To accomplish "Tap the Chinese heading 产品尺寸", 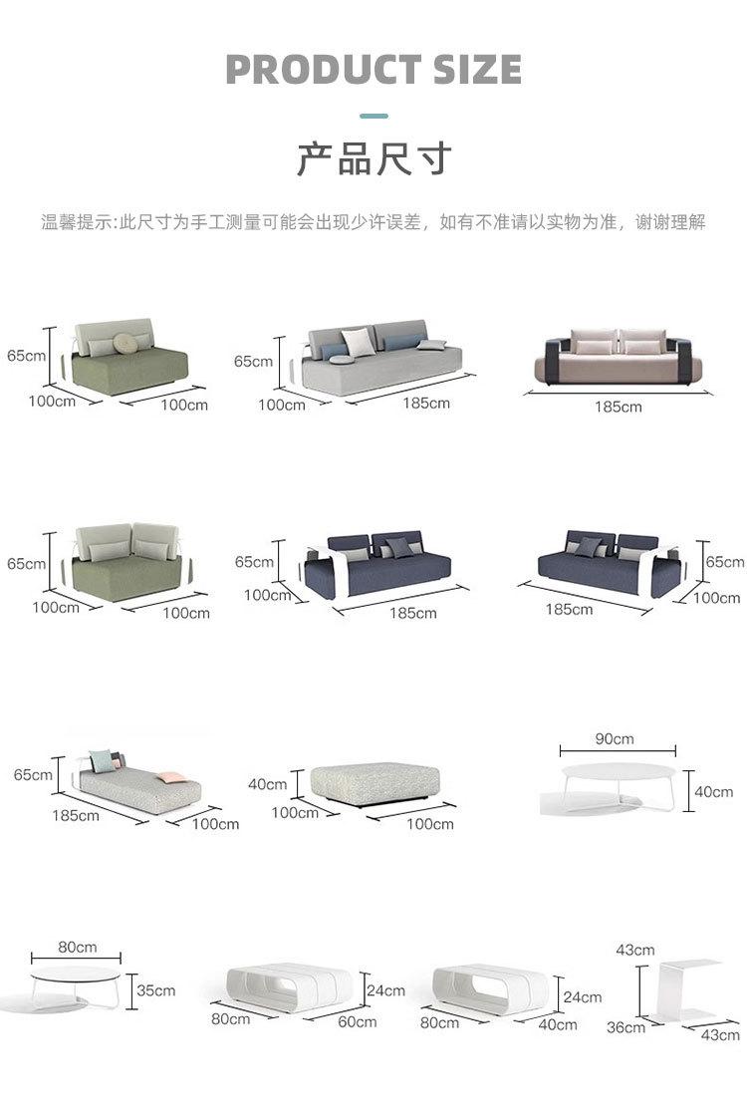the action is click(373, 158).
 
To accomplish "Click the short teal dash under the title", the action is click(373, 116).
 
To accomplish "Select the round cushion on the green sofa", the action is click(124, 343).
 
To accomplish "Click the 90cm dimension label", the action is click(614, 739).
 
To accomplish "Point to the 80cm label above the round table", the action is click(77, 947).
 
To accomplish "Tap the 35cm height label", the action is click(155, 990).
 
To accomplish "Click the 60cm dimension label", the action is click(357, 1021).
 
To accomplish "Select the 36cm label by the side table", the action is click(625, 1027).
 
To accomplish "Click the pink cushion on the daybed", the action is click(166, 775).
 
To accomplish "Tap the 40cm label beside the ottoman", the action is click(267, 784).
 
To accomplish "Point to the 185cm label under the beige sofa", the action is click(618, 407).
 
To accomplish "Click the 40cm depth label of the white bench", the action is click(557, 1023).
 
